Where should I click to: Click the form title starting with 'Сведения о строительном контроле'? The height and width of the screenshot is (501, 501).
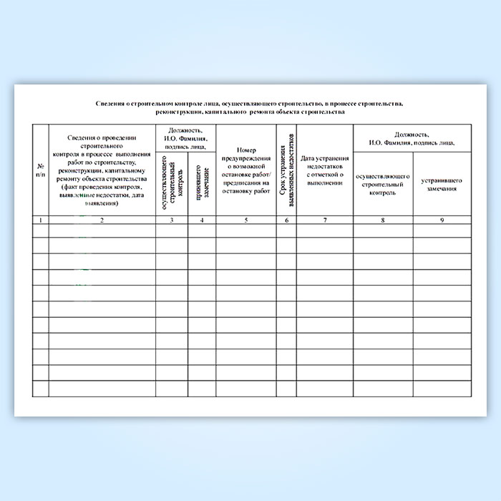click(250, 108)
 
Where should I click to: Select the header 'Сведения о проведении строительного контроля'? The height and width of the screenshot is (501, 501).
click(102, 170)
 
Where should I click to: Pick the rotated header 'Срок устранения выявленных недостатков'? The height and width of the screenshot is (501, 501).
click(286, 171)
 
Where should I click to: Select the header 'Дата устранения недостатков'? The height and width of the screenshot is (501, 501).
click(325, 170)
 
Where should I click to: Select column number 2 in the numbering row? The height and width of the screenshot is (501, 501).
click(102, 220)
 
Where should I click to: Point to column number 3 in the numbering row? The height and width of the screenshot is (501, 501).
click(172, 220)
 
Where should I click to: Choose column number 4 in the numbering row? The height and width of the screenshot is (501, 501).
click(202, 220)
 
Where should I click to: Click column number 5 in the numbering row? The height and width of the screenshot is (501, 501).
click(245, 220)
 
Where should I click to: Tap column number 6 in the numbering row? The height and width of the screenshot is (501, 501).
click(286, 220)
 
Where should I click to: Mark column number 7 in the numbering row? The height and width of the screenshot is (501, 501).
click(325, 220)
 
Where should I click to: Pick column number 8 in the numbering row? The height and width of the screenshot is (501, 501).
click(383, 220)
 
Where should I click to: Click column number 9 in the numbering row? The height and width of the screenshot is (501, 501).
click(442, 220)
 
